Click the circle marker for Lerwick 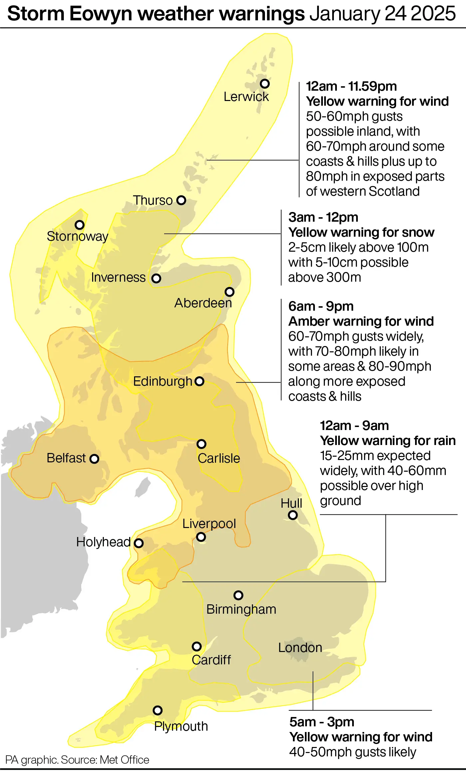(265, 83)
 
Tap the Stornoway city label (78, 236)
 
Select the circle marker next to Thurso (181, 200)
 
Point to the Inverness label (118, 277)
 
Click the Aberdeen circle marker (229, 292)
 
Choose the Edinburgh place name (162, 381)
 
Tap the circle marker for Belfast (95, 459)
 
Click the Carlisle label (219, 458)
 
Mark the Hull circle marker (293, 515)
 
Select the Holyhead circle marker (138, 543)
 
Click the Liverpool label (209, 524)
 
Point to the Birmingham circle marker (238, 595)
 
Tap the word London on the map (300, 648)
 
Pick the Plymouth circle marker (157, 710)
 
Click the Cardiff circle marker (197, 647)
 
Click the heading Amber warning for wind (361, 321)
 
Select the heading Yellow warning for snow (361, 232)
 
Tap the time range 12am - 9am (354, 426)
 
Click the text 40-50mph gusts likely (352, 752)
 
